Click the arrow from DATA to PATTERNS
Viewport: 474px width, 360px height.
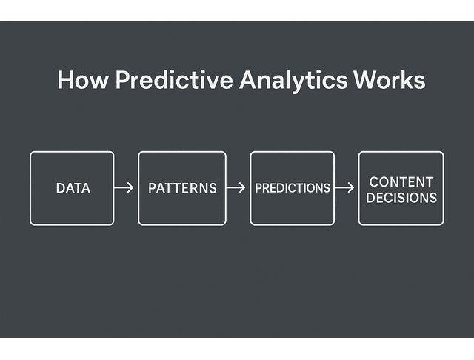coord(125,188)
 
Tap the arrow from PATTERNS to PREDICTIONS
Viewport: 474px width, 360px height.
coord(236,188)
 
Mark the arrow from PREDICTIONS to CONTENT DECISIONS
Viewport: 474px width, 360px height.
coord(345,188)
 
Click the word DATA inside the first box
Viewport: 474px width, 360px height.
coord(73,189)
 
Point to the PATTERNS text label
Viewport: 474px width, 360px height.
coord(182,189)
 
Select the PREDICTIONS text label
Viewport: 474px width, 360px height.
coord(293,188)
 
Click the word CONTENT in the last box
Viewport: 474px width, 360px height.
coord(401,181)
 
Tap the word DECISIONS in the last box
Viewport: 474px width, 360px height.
coord(401,198)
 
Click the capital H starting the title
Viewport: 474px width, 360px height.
coord(64,80)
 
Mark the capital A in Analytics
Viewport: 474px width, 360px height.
coord(247,80)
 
